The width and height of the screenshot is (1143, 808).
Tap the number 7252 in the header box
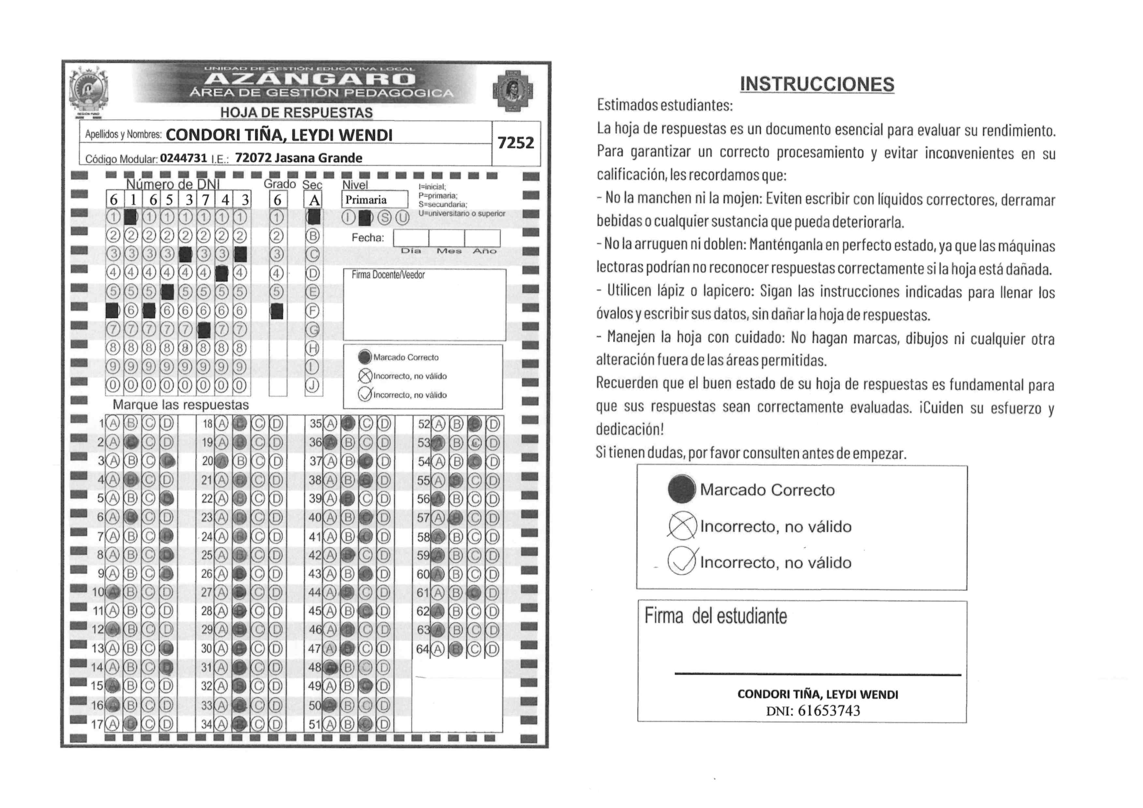pyautogui.click(x=516, y=143)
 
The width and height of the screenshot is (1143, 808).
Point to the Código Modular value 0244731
pyautogui.click(x=183, y=158)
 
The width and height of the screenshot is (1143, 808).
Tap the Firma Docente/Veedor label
pyautogui.click(x=388, y=275)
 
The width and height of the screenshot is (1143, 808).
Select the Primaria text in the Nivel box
pyautogui.click(x=366, y=200)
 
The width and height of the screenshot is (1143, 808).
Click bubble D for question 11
pyautogui.click(x=167, y=611)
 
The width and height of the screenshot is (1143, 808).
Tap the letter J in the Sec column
pyautogui.click(x=312, y=385)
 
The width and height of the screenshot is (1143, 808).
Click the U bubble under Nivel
pyautogui.click(x=402, y=218)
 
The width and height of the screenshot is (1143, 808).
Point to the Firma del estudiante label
pyautogui.click(x=715, y=616)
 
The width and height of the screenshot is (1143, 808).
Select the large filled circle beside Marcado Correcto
pyautogui.click(x=681, y=489)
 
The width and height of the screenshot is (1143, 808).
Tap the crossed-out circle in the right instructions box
pyautogui.click(x=681, y=526)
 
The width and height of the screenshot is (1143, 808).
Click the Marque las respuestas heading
pyautogui.click(x=181, y=405)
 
